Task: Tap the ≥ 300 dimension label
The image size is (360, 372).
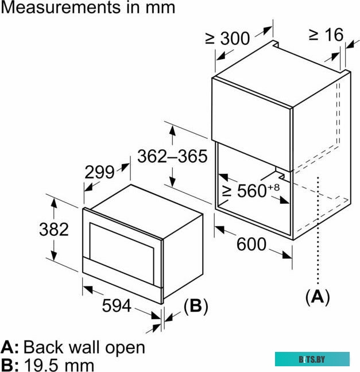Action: tap(228, 38)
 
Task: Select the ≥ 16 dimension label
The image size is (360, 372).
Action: tap(326, 34)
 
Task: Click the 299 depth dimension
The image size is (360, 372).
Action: tap(99, 172)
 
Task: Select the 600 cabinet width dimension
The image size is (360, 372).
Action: tap(251, 245)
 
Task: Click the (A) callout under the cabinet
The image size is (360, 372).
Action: tap(318, 296)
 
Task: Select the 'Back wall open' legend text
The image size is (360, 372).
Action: tap(84, 347)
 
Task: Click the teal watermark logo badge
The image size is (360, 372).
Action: tap(312, 359)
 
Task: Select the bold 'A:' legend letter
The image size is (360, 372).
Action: tap(10, 347)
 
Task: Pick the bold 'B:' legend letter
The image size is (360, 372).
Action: tap(10, 364)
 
